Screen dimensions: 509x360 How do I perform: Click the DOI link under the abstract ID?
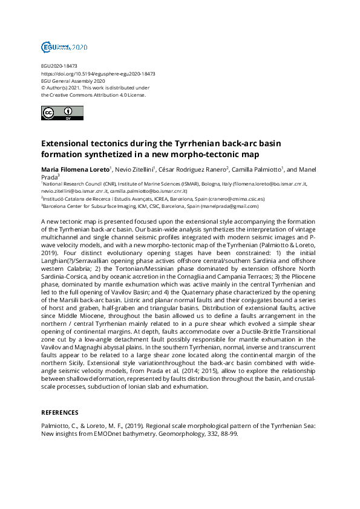coord(98,74)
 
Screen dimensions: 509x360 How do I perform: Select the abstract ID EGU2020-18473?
coord(59,66)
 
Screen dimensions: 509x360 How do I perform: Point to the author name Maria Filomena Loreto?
coord(75,170)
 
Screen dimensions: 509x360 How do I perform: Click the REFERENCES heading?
coord(59,412)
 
